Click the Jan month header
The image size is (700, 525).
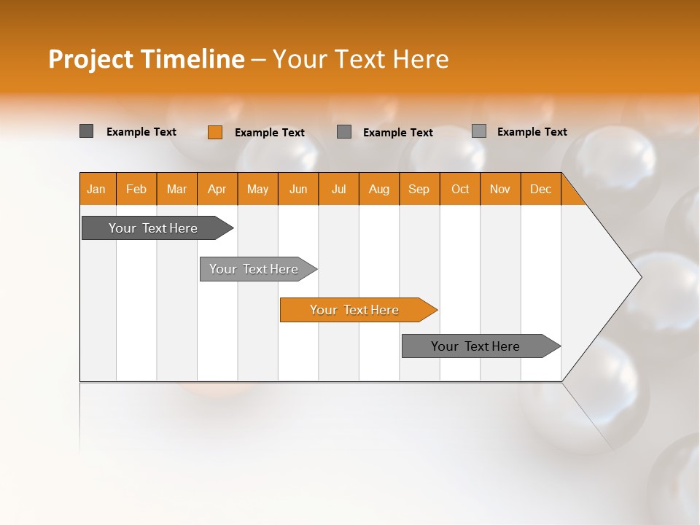point(96,190)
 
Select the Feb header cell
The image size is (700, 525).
point(136,190)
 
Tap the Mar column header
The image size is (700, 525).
point(176,190)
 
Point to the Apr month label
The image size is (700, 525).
point(217,190)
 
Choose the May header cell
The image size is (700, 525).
point(257,190)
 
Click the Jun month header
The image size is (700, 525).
point(298,190)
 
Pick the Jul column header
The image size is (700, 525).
point(338,190)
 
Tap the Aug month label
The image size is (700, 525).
point(378,190)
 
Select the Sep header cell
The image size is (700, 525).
point(419,190)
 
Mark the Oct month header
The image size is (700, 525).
point(460,190)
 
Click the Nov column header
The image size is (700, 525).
point(500,190)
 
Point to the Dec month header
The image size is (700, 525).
point(540,190)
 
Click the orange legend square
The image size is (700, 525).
point(215,132)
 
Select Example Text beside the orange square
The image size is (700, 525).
point(270,133)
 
